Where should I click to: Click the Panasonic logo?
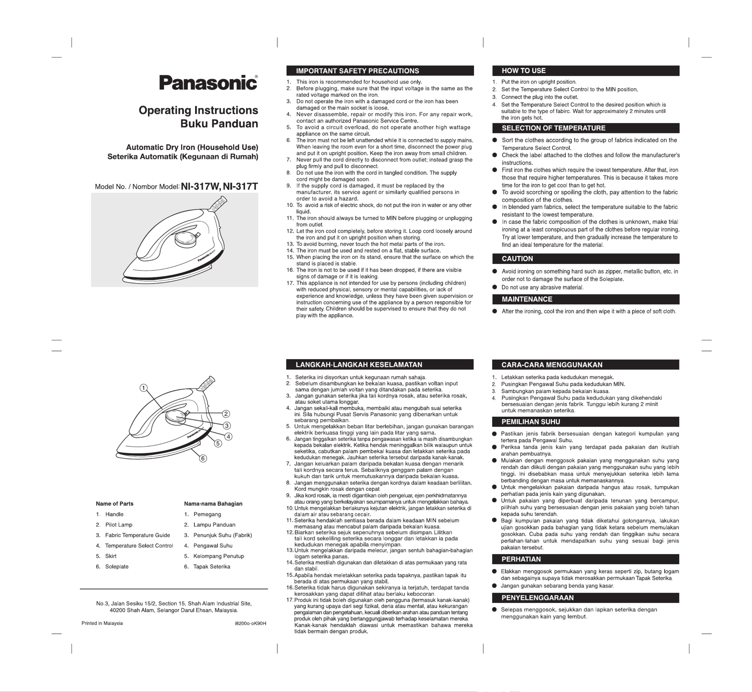coord(208,82)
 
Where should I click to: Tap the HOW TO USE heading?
coord(523,71)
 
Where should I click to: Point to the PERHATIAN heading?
coord(521,559)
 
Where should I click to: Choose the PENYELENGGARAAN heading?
coord(537,598)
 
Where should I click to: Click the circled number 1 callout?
coord(143,388)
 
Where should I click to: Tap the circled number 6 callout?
coord(203,458)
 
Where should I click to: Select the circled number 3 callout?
coord(226,426)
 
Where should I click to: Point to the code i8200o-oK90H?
coord(249,623)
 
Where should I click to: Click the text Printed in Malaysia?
coord(102,623)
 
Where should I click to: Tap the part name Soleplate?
coord(116,567)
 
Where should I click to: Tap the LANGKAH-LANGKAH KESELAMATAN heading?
coord(359,365)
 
